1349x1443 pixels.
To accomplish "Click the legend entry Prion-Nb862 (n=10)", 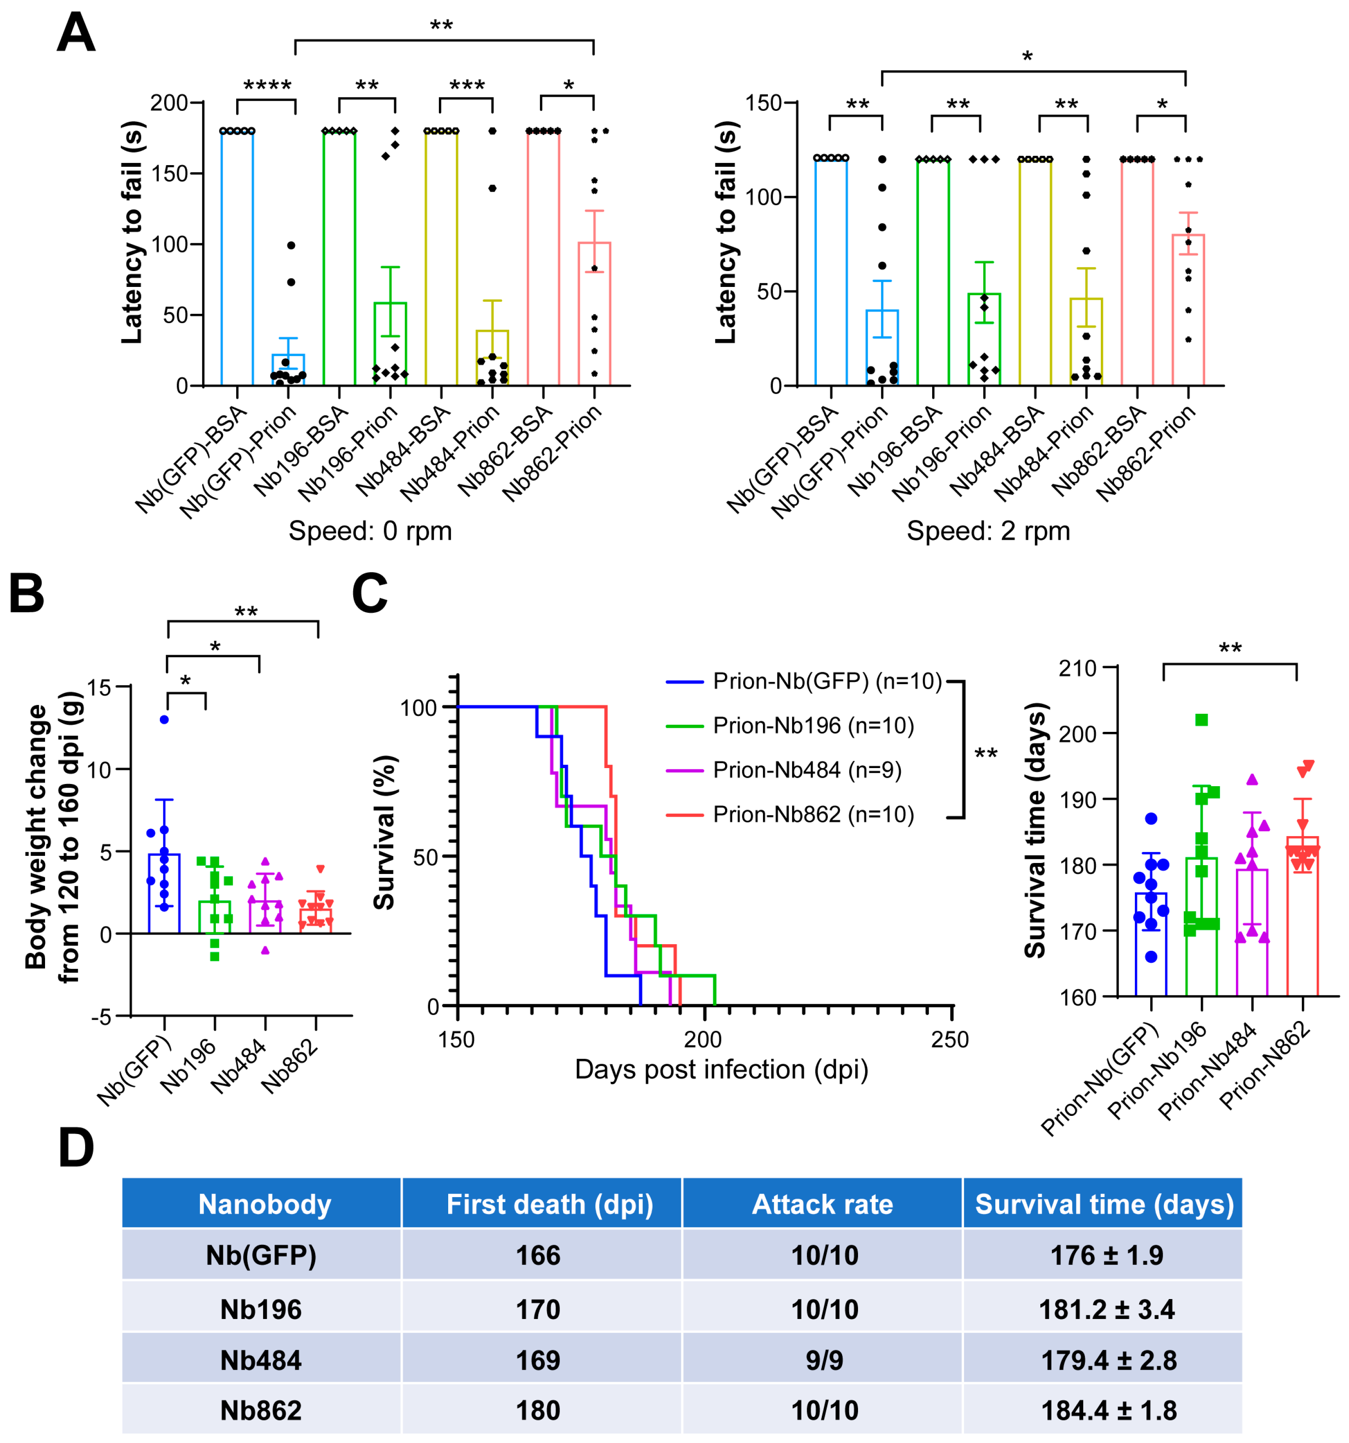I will [813, 814].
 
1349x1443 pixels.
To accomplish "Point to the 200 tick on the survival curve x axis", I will [703, 1040].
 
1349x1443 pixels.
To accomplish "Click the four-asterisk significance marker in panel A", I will [267, 85].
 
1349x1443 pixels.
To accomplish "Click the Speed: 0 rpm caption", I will [370, 531].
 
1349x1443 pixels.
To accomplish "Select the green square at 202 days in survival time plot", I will [1202, 720].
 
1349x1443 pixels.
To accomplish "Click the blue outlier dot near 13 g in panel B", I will [164, 720].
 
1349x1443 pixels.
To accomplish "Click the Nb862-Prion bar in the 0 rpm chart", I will [594, 312].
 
